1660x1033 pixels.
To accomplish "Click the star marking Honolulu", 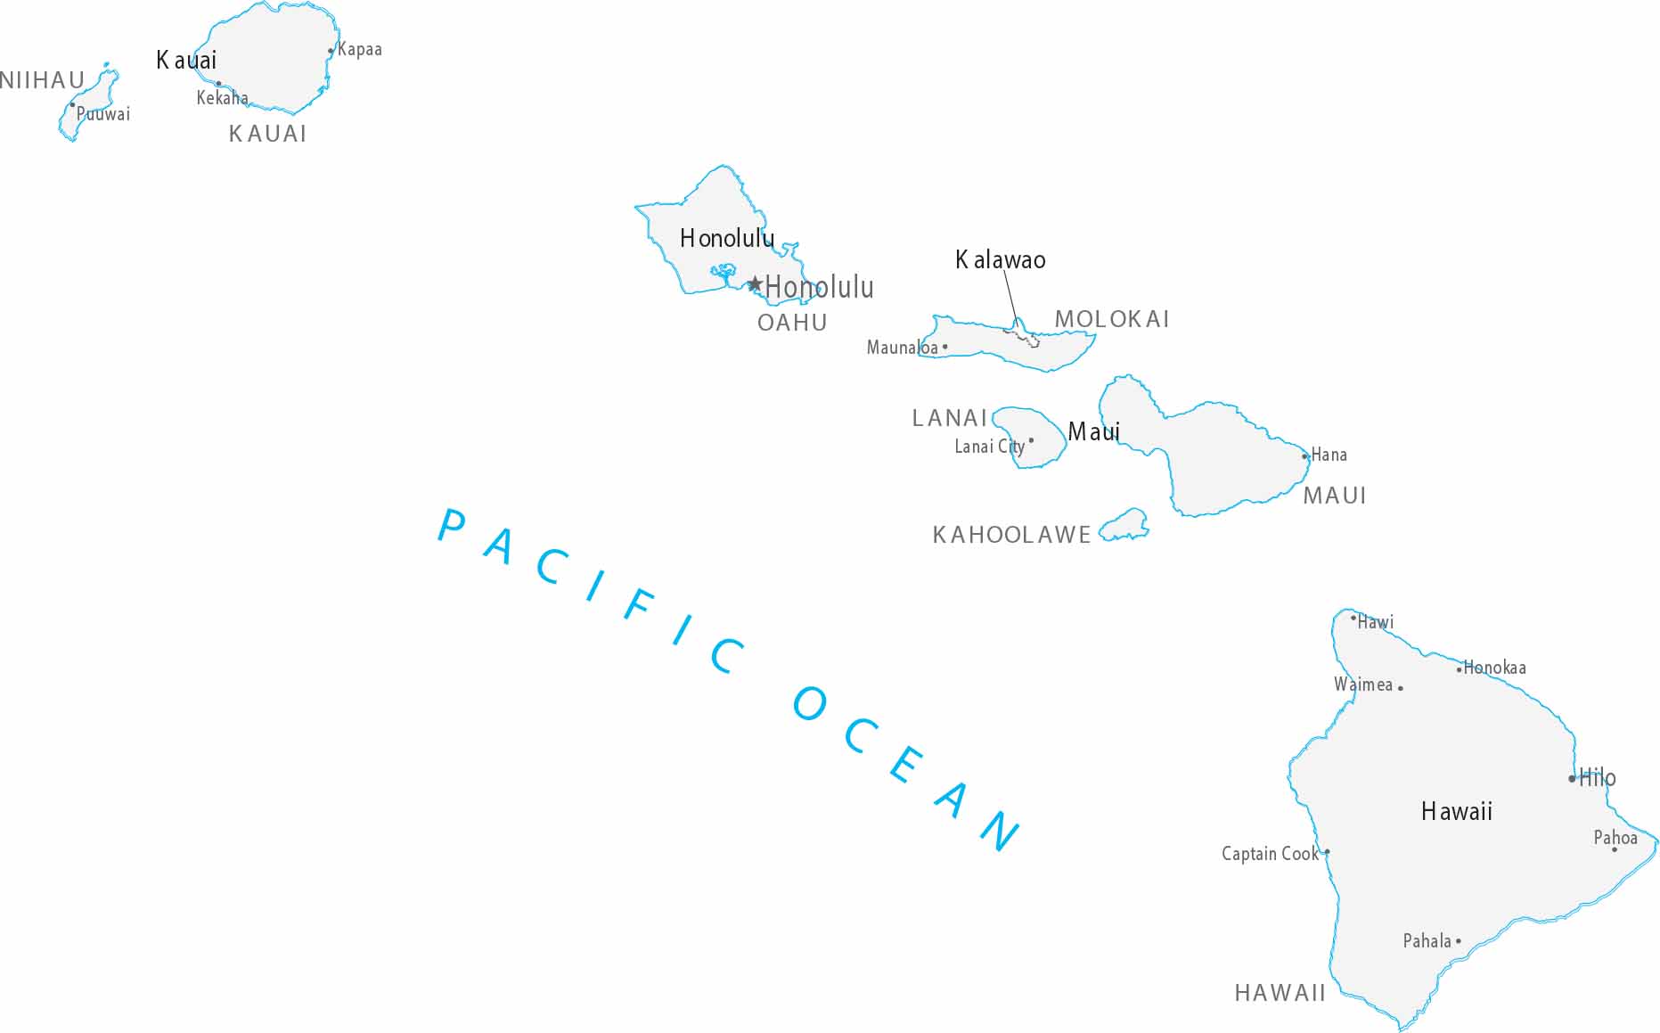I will point(755,284).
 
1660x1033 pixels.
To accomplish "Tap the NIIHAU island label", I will point(42,80).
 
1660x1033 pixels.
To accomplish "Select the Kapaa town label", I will point(360,50).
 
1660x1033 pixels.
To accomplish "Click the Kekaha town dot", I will point(219,84).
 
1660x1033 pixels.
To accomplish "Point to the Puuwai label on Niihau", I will point(103,114).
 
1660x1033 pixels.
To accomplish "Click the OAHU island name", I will point(792,323).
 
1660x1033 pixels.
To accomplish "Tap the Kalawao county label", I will point(1000,260).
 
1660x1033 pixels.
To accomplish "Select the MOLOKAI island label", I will point(1111,319).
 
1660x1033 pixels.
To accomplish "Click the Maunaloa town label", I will point(902,348).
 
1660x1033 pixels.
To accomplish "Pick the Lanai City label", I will point(989,447).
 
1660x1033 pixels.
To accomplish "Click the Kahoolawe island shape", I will point(1125,526).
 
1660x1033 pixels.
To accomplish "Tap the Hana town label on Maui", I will point(1329,455).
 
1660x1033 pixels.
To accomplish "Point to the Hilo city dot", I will point(1572,779).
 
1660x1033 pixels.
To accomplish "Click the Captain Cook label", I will point(1269,854).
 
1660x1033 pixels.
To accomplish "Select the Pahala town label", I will point(1427,941).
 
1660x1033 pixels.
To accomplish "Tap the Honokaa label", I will point(1494,668).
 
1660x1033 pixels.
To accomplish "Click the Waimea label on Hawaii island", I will point(1362,685).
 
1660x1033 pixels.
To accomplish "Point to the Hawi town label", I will point(1375,622).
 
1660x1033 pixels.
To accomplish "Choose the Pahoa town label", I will point(1615,838).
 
